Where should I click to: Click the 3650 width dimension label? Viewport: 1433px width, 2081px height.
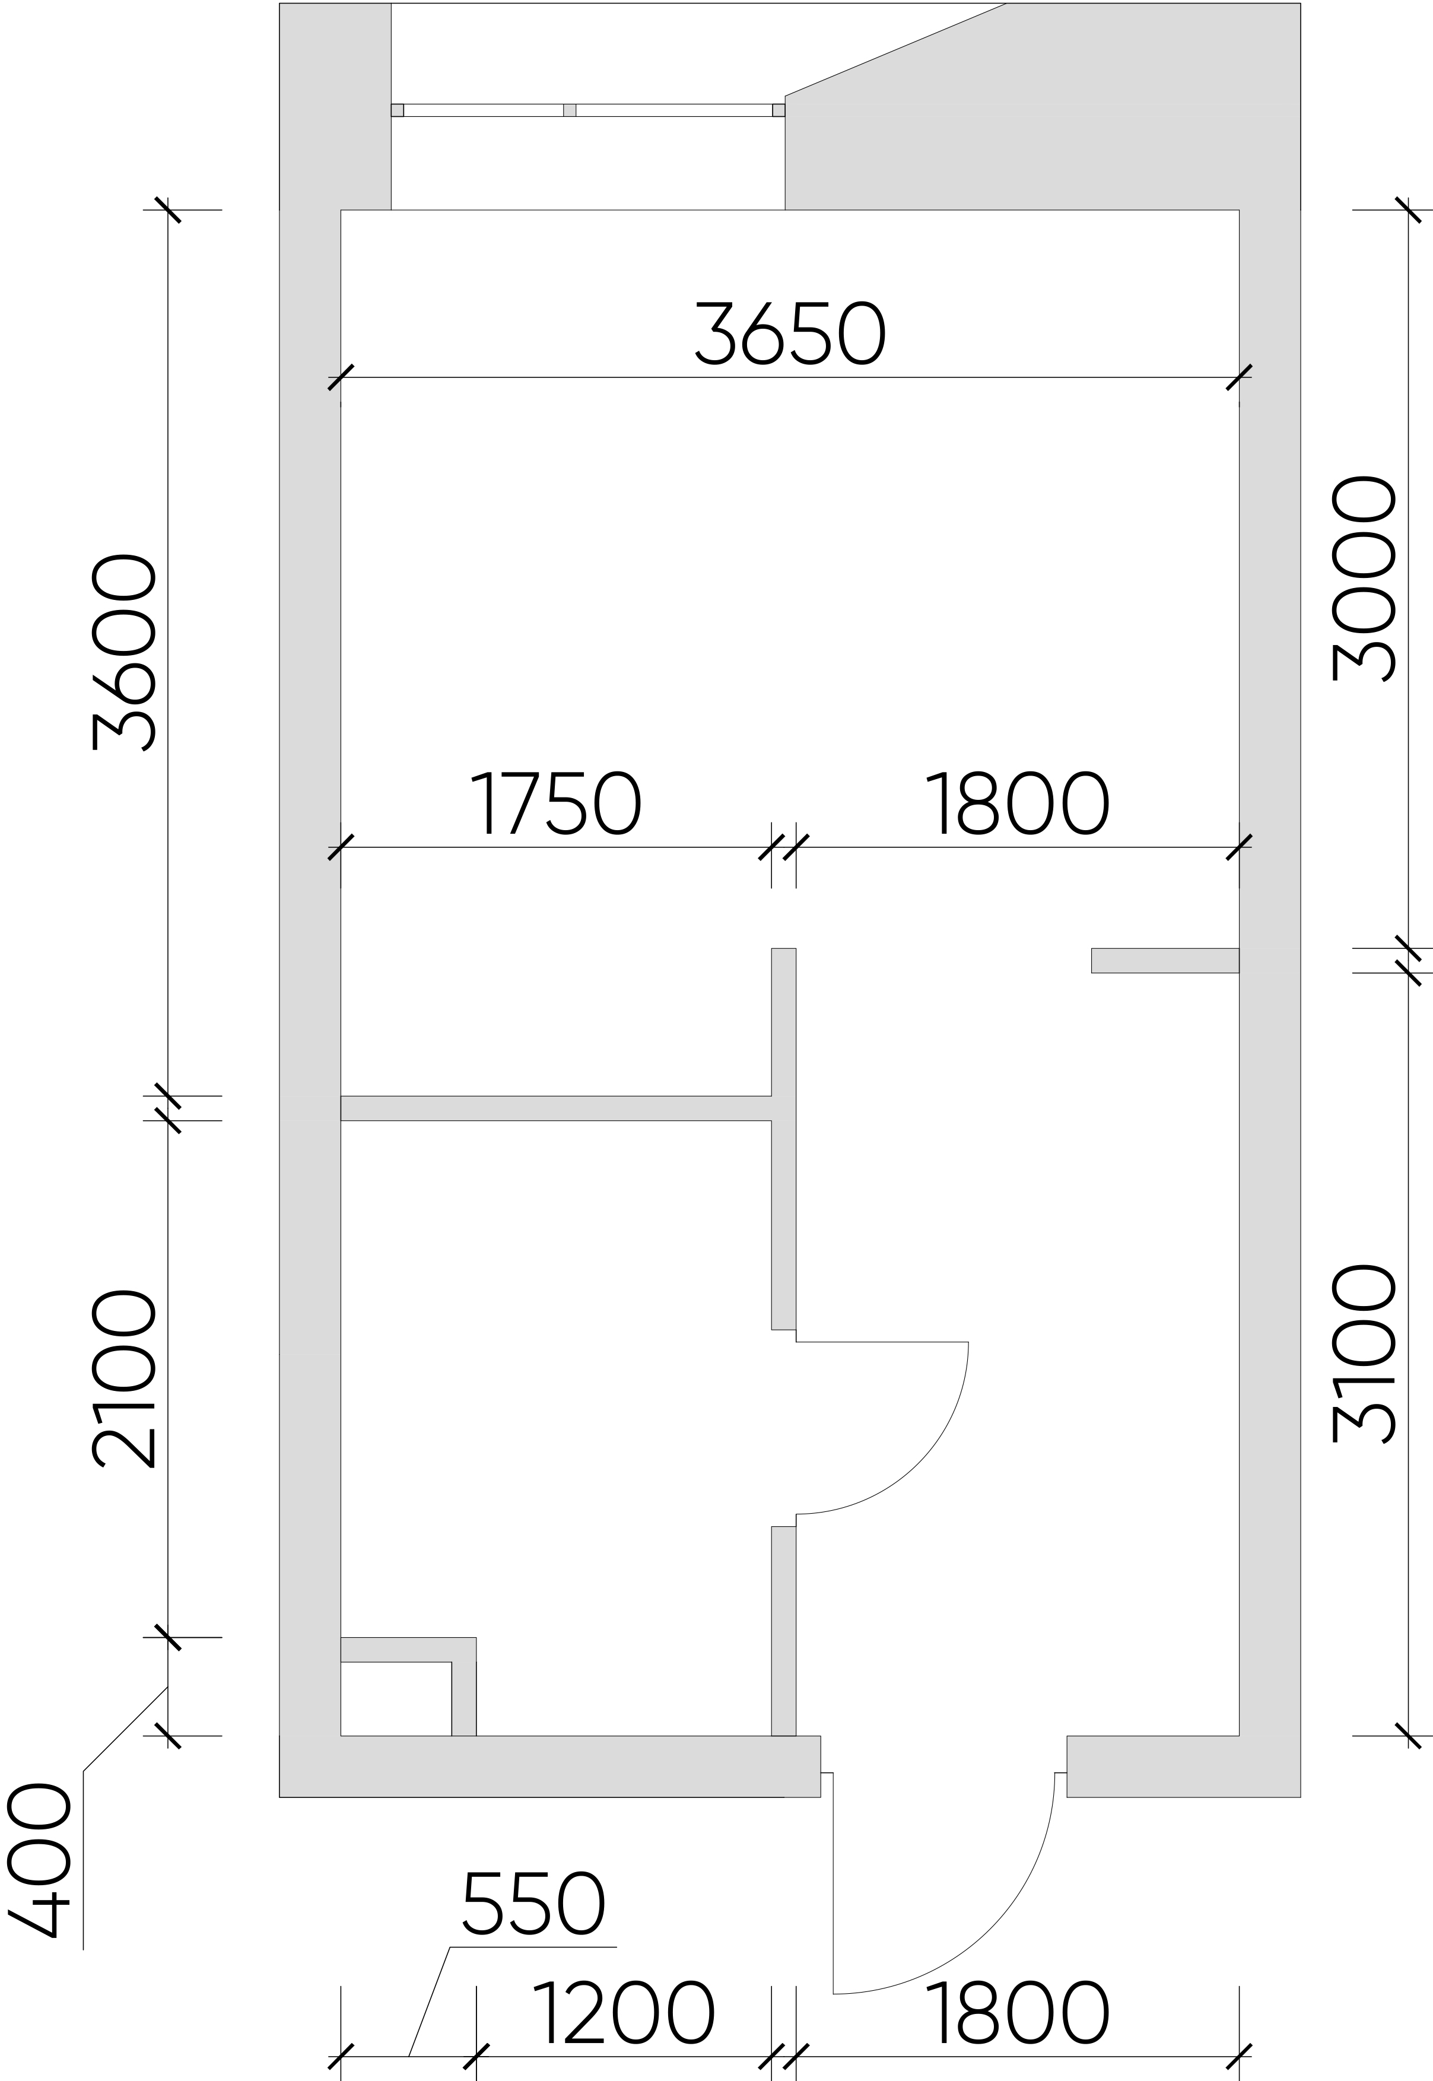click(791, 333)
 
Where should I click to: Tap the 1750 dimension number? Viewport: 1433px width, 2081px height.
click(556, 803)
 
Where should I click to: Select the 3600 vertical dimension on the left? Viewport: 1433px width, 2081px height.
click(124, 653)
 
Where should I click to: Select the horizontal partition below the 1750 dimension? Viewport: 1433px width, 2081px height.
click(556, 1108)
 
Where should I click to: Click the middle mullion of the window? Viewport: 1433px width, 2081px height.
click(569, 110)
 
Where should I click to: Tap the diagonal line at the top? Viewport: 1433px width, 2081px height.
click(895, 49)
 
